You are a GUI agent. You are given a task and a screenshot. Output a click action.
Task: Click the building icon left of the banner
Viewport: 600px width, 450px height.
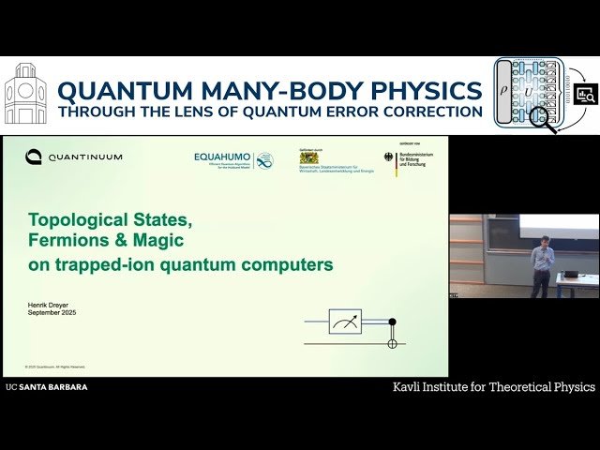[25, 94]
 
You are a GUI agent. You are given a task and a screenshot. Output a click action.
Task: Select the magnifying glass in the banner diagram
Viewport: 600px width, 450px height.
[541, 117]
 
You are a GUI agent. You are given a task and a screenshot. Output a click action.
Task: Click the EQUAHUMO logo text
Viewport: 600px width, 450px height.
[223, 157]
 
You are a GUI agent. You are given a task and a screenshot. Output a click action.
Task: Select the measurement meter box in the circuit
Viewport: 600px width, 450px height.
[345, 322]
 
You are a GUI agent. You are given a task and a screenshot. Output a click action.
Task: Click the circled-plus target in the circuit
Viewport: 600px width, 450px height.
[392, 343]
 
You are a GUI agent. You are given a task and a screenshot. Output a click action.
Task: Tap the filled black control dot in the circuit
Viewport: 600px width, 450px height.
[392, 322]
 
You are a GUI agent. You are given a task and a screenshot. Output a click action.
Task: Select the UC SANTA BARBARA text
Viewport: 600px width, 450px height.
[46, 386]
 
